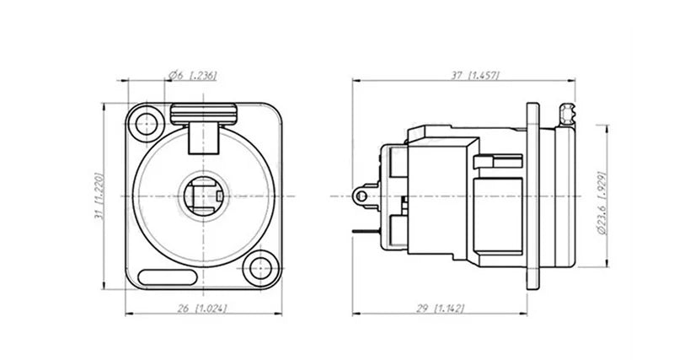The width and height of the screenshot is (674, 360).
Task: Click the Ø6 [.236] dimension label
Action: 193,75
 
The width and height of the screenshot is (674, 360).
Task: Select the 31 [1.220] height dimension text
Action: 99,196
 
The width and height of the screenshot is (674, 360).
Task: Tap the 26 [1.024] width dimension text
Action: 202,309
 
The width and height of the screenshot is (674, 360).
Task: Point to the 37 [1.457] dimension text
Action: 475,75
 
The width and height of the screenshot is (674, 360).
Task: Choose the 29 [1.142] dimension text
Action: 441,309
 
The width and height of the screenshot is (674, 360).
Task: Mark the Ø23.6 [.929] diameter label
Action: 602,203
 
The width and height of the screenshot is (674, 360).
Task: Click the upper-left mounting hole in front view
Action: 146,124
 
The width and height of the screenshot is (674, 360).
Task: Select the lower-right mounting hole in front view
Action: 260,269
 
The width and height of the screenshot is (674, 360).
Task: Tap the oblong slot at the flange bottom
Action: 168,277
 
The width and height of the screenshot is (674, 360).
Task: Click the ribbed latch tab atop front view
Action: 203,114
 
